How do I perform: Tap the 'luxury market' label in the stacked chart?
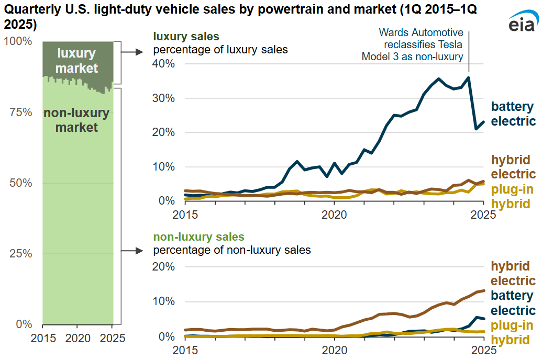(x=76, y=61)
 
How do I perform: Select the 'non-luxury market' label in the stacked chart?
(x=76, y=120)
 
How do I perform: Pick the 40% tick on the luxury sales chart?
(x=163, y=64)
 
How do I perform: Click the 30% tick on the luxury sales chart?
(x=163, y=98)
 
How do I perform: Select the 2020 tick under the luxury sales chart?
(x=334, y=214)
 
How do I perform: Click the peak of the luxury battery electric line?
(x=468, y=77)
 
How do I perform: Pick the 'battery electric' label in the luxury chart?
(x=513, y=114)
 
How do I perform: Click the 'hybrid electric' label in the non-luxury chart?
(x=513, y=273)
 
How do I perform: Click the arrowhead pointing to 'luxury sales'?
(x=140, y=51)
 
